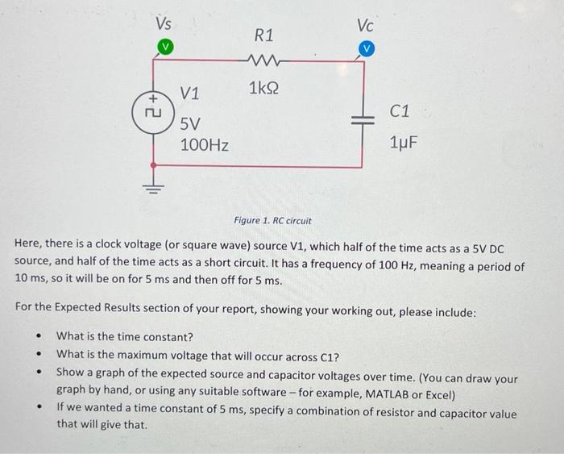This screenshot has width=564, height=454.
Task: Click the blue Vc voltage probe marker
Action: (x=367, y=49)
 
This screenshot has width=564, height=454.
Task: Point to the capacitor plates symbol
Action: (x=367, y=117)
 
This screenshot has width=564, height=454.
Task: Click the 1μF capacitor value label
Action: (x=404, y=143)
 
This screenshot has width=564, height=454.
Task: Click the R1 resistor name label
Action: (x=263, y=35)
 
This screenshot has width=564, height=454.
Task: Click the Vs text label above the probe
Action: (x=164, y=23)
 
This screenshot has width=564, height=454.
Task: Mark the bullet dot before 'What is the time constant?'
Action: (x=38, y=337)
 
